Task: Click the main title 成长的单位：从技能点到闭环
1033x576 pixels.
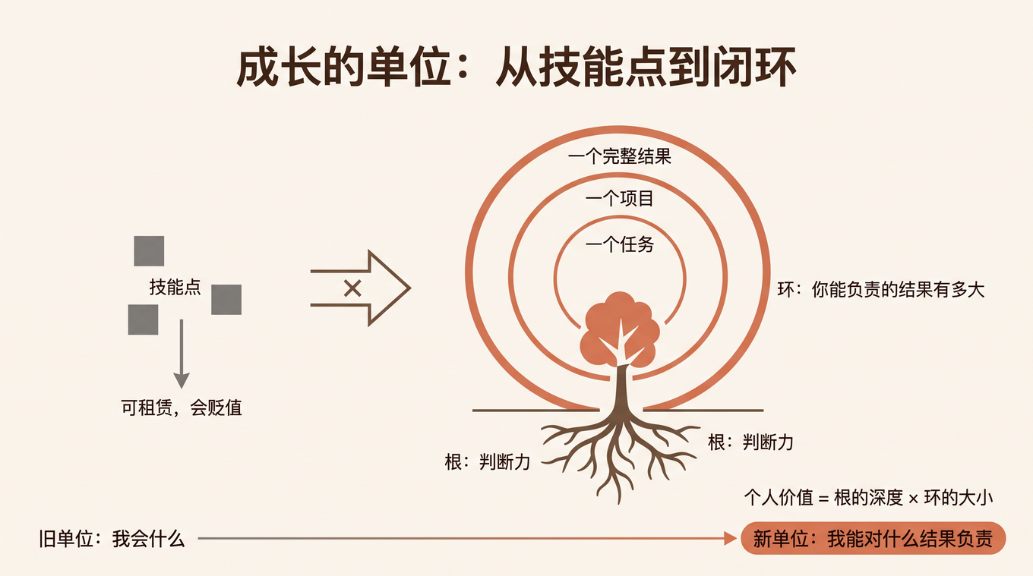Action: (516, 68)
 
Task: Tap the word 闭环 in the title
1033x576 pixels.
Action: (755, 68)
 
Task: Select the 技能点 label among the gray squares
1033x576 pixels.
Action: (175, 287)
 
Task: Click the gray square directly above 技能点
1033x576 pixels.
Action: (149, 251)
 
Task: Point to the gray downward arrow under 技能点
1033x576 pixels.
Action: (182, 354)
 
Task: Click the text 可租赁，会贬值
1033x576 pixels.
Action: (182, 408)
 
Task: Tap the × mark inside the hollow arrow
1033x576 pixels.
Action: (352, 288)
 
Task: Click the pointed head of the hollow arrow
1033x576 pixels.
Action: (409, 288)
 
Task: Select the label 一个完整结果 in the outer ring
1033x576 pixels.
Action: (619, 156)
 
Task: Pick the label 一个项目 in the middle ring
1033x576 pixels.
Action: (619, 199)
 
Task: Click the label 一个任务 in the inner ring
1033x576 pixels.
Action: (619, 244)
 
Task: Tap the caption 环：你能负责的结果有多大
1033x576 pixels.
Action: (881, 290)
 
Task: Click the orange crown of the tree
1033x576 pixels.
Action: (620, 328)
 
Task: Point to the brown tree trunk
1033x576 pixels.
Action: (621, 387)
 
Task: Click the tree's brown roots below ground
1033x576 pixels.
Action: (619, 454)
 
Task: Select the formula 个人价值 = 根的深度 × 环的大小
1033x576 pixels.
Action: (868, 498)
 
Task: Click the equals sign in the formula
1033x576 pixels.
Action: (823, 499)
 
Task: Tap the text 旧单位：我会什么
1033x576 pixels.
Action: (112, 539)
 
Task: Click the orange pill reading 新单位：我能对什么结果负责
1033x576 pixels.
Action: (873, 538)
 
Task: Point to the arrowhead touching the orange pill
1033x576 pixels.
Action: (731, 538)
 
